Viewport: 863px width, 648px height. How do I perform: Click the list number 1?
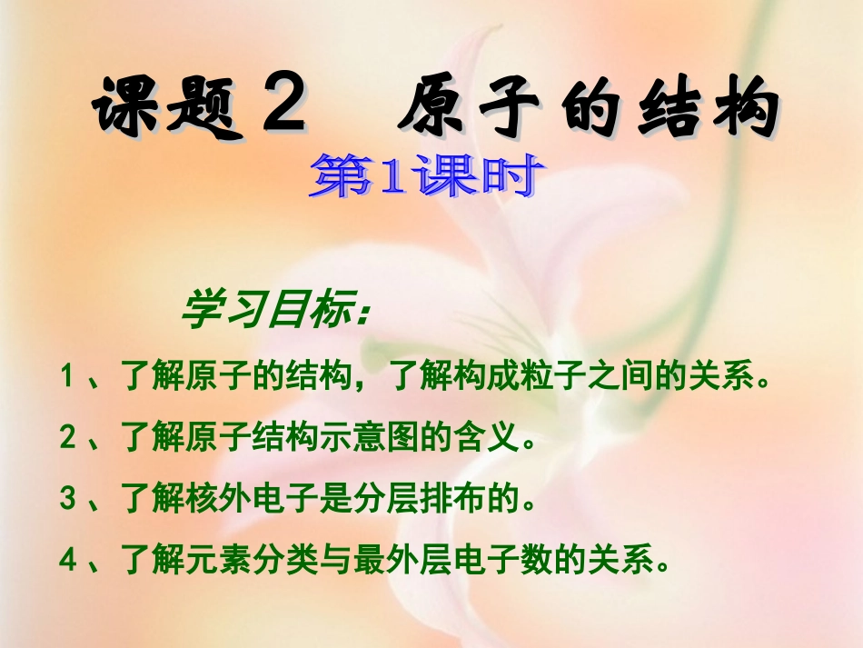click(67, 375)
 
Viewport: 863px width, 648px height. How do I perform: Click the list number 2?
click(67, 439)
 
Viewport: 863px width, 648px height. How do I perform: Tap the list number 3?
click(67, 499)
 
